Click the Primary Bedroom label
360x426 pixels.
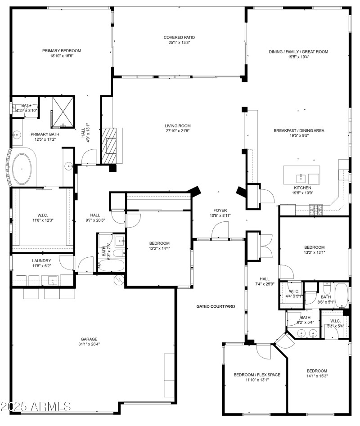click(61, 51)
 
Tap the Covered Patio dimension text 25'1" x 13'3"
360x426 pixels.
click(179, 43)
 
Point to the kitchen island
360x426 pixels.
click(301, 175)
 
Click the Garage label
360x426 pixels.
click(89, 339)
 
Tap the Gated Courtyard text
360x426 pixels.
click(216, 306)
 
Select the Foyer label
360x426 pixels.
click(220, 210)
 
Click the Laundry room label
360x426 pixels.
click(41, 260)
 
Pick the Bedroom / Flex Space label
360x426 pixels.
click(257, 374)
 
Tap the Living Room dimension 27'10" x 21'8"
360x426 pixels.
click(177, 131)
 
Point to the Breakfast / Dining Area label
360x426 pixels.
click(299, 130)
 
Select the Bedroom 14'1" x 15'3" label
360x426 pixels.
click(317, 371)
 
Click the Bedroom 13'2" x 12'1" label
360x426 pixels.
click(314, 247)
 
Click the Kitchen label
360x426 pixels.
click(302, 188)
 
